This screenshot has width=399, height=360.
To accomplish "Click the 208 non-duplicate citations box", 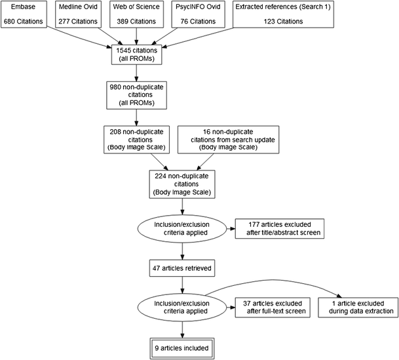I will (136, 142).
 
